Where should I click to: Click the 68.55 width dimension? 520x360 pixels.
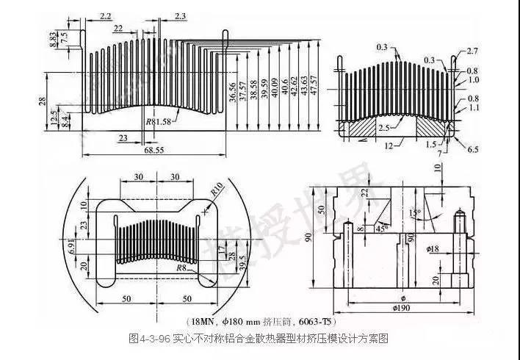click(153, 150)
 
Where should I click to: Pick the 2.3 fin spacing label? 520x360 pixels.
click(181, 15)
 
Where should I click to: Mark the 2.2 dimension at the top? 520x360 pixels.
click(105, 15)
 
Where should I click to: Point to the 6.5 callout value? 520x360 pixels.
click(472, 149)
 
